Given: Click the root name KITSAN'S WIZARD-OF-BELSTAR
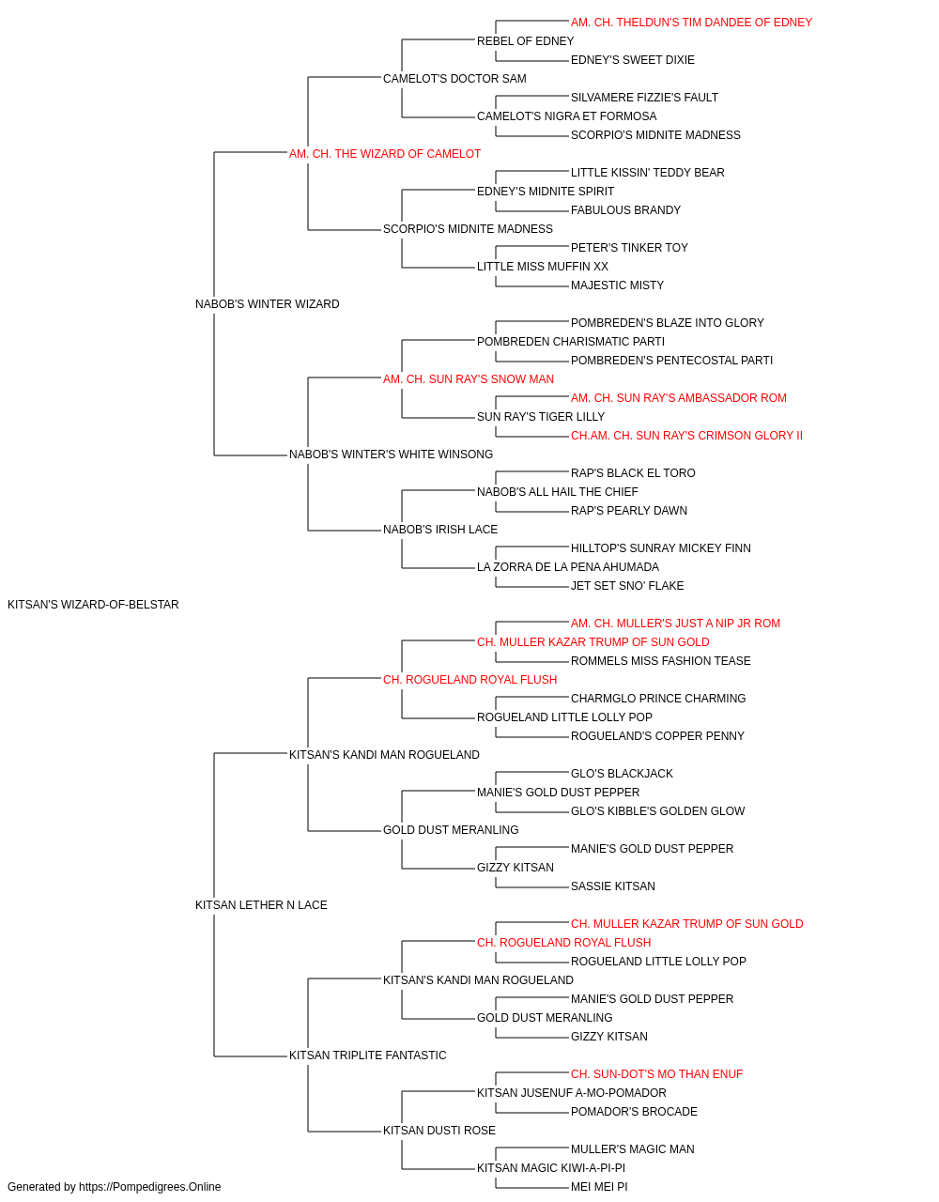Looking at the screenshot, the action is click(x=93, y=605).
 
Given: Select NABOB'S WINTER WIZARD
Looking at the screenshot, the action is click(x=267, y=304).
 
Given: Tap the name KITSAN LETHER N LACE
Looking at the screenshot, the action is click(x=261, y=905).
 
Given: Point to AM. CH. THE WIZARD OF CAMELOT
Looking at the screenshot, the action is click(x=385, y=154).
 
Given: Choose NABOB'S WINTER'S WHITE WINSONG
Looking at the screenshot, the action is click(x=391, y=455).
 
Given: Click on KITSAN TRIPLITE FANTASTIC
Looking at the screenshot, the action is click(x=368, y=1056).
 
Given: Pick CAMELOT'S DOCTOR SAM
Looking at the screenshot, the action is click(x=454, y=79).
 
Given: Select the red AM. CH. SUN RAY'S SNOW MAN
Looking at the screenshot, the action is click(x=469, y=378).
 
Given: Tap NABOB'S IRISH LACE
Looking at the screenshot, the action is click(x=440, y=530).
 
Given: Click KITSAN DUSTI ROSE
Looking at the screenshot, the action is click(x=439, y=1131).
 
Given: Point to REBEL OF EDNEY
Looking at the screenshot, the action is click(x=525, y=41).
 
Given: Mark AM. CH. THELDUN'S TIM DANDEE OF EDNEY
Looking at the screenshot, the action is click(x=691, y=23).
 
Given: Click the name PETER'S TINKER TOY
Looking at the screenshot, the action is click(x=629, y=248).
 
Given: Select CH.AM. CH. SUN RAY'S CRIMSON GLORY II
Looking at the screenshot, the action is click(x=686, y=436).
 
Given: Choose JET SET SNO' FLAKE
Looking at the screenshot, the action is click(x=627, y=586).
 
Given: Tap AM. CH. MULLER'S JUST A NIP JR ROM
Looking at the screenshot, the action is click(x=675, y=624).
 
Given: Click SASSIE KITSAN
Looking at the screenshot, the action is click(x=613, y=886).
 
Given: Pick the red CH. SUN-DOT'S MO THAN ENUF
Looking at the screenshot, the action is click(x=656, y=1074).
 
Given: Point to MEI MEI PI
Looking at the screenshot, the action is click(x=599, y=1187).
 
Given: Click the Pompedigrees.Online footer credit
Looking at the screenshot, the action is click(x=114, y=1187).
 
